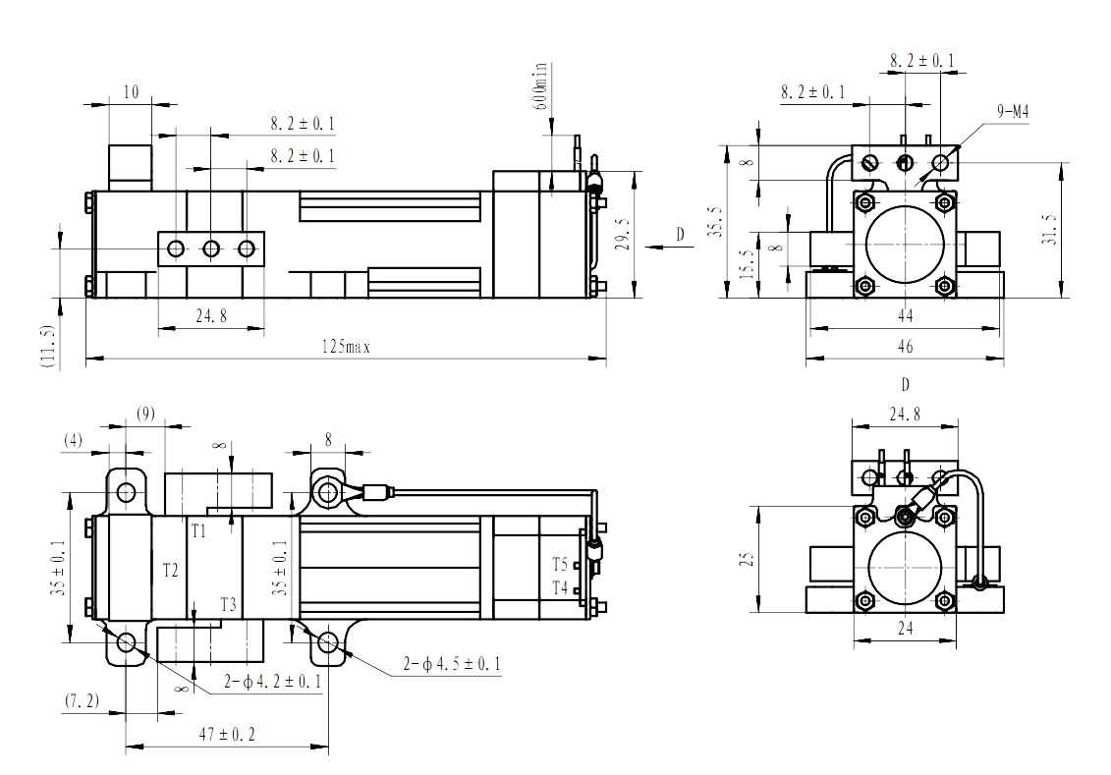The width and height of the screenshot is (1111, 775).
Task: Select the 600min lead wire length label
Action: pyautogui.click(x=542, y=89)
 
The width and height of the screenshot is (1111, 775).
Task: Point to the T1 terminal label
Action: pyautogui.click(x=198, y=531)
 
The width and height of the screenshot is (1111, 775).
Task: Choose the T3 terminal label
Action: pyautogui.click(x=228, y=604)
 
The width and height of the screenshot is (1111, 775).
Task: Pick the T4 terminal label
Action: pyautogui.click(x=560, y=588)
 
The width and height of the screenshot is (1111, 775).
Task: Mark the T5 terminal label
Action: pyautogui.click(x=560, y=566)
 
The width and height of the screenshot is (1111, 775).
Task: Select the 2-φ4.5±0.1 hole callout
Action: pyautogui.click(x=452, y=665)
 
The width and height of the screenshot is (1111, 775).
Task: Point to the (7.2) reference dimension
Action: pyautogui.click(x=83, y=700)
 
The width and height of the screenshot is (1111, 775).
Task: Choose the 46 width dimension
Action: pyautogui.click(x=905, y=347)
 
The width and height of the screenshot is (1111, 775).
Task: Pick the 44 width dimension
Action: pyautogui.click(x=905, y=316)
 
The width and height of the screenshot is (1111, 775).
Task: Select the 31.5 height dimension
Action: pyautogui.click(x=1049, y=228)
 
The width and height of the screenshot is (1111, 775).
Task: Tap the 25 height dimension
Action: pyautogui.click(x=747, y=559)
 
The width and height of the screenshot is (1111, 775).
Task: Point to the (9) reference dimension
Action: pyautogui.click(x=145, y=413)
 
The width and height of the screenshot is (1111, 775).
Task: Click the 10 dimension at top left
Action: pyautogui.click(x=130, y=92)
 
